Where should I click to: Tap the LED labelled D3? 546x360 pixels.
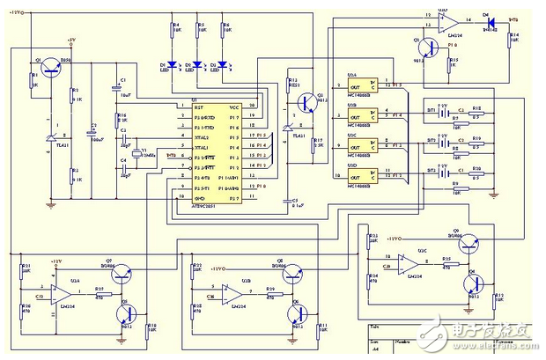225,65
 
